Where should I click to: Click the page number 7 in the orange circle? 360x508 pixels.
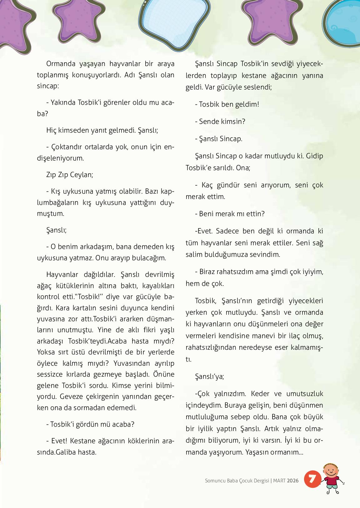pos(311,479)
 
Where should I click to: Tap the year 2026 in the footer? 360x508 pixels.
pos(292,481)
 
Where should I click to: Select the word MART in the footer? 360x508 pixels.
pos(279,481)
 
